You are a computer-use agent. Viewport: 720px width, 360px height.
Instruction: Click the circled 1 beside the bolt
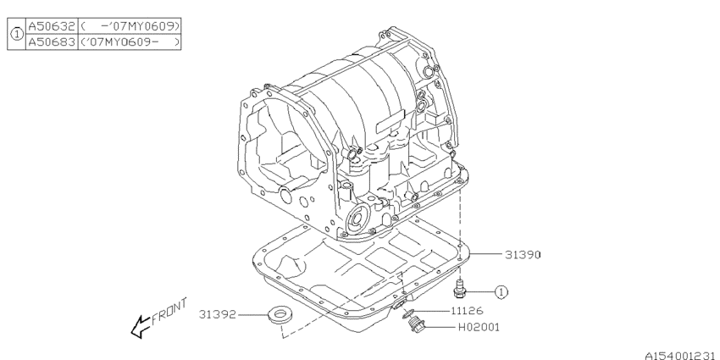501,292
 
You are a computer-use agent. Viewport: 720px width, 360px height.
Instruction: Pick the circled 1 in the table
15,34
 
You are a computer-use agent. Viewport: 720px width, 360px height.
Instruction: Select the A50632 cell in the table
52,26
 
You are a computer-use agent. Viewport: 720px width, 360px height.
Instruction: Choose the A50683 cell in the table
52,42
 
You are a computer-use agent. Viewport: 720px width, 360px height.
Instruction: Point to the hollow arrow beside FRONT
138,327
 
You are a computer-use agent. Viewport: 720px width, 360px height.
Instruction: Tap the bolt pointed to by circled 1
460,288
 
